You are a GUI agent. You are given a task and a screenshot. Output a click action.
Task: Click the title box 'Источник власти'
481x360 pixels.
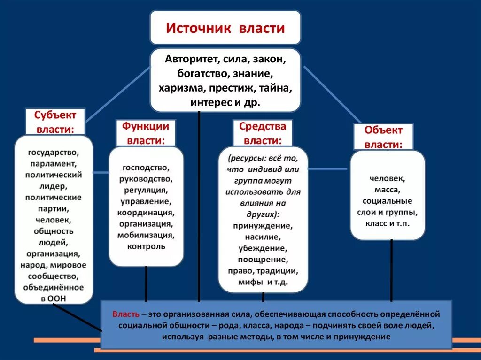coord(225,28)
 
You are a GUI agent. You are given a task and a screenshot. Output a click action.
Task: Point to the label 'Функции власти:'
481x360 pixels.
coord(145,133)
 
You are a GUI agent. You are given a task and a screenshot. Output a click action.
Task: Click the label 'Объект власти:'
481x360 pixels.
coord(383,137)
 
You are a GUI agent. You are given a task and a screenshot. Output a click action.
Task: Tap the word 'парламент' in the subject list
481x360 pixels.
coord(54,164)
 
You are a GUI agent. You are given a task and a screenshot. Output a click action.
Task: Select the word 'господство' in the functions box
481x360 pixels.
coord(146,168)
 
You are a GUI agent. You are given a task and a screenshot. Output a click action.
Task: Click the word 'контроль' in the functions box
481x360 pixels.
coord(146,246)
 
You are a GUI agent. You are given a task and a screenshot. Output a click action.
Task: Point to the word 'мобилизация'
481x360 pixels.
coord(146,235)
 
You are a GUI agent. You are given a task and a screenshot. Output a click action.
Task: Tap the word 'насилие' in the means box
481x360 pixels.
coord(263,237)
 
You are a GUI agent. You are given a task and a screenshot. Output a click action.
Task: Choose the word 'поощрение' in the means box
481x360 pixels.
coord(263,259)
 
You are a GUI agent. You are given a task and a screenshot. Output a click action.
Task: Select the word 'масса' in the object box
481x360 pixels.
coord(387,190)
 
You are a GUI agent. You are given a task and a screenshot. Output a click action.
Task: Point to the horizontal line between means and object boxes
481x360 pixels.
coord(329,168)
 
